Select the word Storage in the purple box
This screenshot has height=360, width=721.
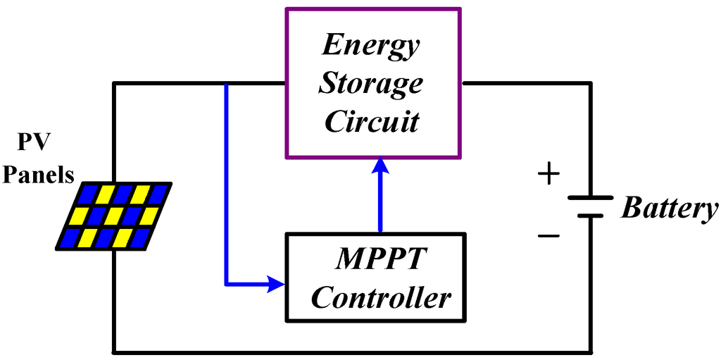coord(370,83)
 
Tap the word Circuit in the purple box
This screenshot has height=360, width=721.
coord(371,121)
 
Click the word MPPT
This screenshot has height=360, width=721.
coord(380,259)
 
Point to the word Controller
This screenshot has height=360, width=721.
coord(380,297)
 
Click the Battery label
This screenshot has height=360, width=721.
coord(670,209)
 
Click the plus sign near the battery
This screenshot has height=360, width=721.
coord(549,174)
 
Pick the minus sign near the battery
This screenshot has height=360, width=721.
coord(549,236)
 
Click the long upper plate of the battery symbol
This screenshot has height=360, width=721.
coord(590,198)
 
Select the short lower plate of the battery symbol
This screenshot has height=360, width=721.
coord(590,216)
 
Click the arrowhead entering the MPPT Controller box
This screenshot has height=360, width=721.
coord(276,285)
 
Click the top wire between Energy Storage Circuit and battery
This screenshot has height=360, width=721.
coord(525,84)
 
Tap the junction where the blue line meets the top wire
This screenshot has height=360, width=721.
coord(226,85)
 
